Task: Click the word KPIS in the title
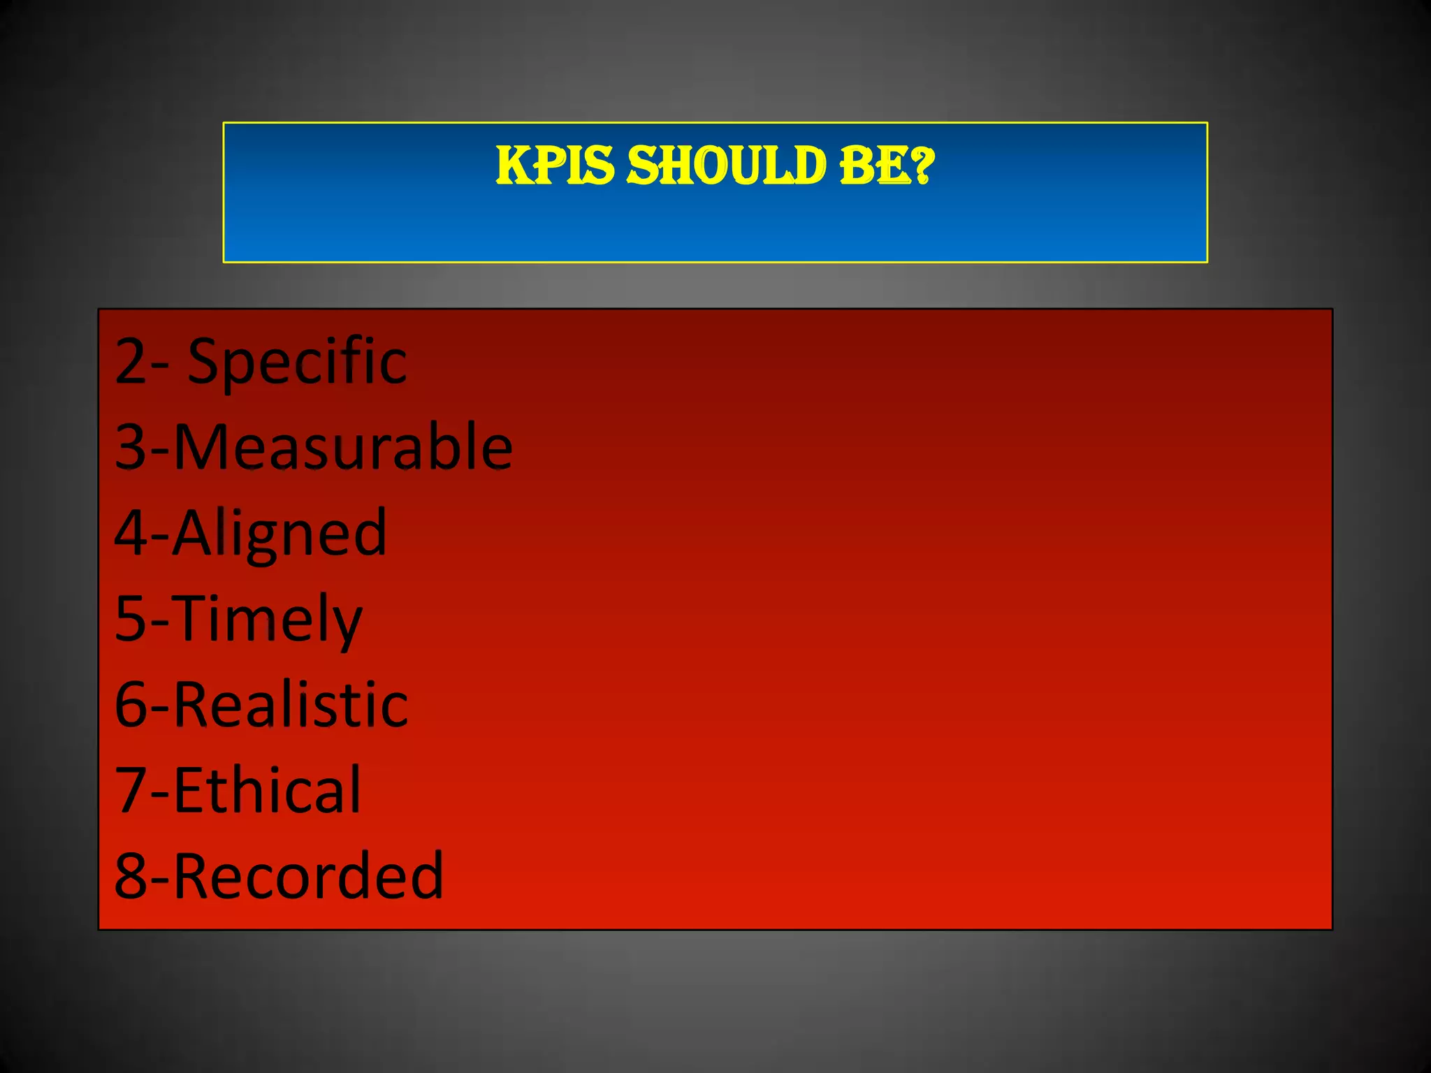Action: (x=555, y=166)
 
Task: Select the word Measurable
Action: (x=342, y=447)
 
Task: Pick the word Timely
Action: (x=268, y=620)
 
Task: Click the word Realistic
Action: (x=290, y=704)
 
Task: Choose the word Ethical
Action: (x=267, y=790)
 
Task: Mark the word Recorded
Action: (x=308, y=876)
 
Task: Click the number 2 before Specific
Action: (x=131, y=362)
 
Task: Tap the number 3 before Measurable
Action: (x=131, y=447)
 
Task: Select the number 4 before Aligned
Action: (x=131, y=533)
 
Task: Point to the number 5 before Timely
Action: (x=131, y=618)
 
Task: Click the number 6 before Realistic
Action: (x=131, y=704)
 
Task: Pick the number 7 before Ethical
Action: (x=131, y=790)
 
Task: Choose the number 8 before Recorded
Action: (x=131, y=876)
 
